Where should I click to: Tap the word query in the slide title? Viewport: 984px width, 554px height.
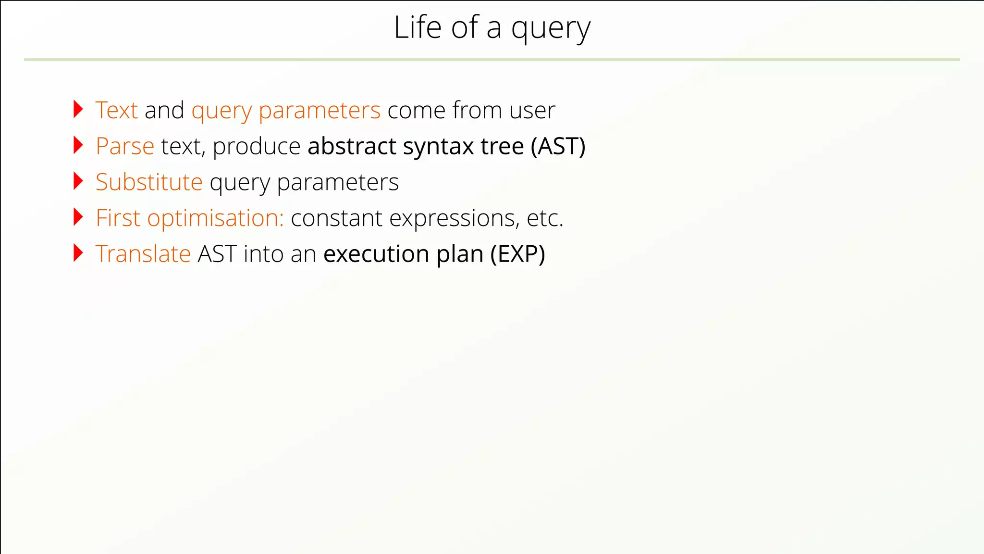[x=551, y=30]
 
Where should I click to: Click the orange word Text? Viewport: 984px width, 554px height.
[x=117, y=110]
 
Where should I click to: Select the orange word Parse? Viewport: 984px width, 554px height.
[x=125, y=146]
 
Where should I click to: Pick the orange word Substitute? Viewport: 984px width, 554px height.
[x=149, y=182]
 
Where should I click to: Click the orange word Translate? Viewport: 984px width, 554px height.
[x=143, y=254]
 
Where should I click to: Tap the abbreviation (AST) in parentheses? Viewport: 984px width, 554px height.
[x=558, y=146]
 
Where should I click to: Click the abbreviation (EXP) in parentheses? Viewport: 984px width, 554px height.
[x=517, y=254]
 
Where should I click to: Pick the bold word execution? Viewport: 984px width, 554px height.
[x=376, y=254]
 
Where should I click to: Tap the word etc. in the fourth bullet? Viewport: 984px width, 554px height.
[x=544, y=218]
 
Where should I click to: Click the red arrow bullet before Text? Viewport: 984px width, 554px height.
[x=78, y=109]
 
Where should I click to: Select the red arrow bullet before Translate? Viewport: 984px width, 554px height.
[x=78, y=253]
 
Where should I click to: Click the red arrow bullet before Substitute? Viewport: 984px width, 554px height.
[x=78, y=181]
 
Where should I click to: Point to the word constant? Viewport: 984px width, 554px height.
[x=336, y=218]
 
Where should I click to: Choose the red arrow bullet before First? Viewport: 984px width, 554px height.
[x=78, y=217]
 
